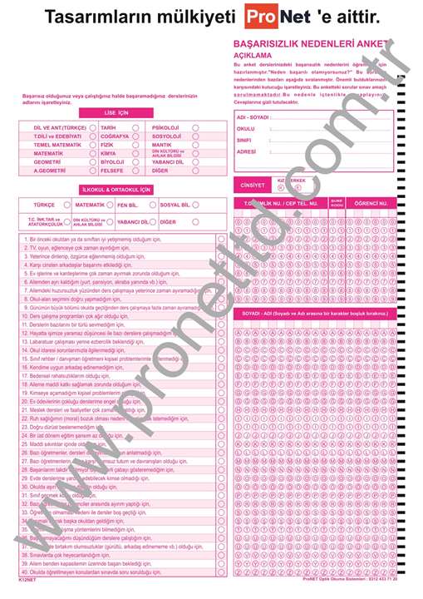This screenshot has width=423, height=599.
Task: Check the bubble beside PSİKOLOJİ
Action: click(194, 127)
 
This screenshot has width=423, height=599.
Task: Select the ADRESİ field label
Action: click(247, 152)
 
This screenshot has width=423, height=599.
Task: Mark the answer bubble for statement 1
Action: click(221, 240)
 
